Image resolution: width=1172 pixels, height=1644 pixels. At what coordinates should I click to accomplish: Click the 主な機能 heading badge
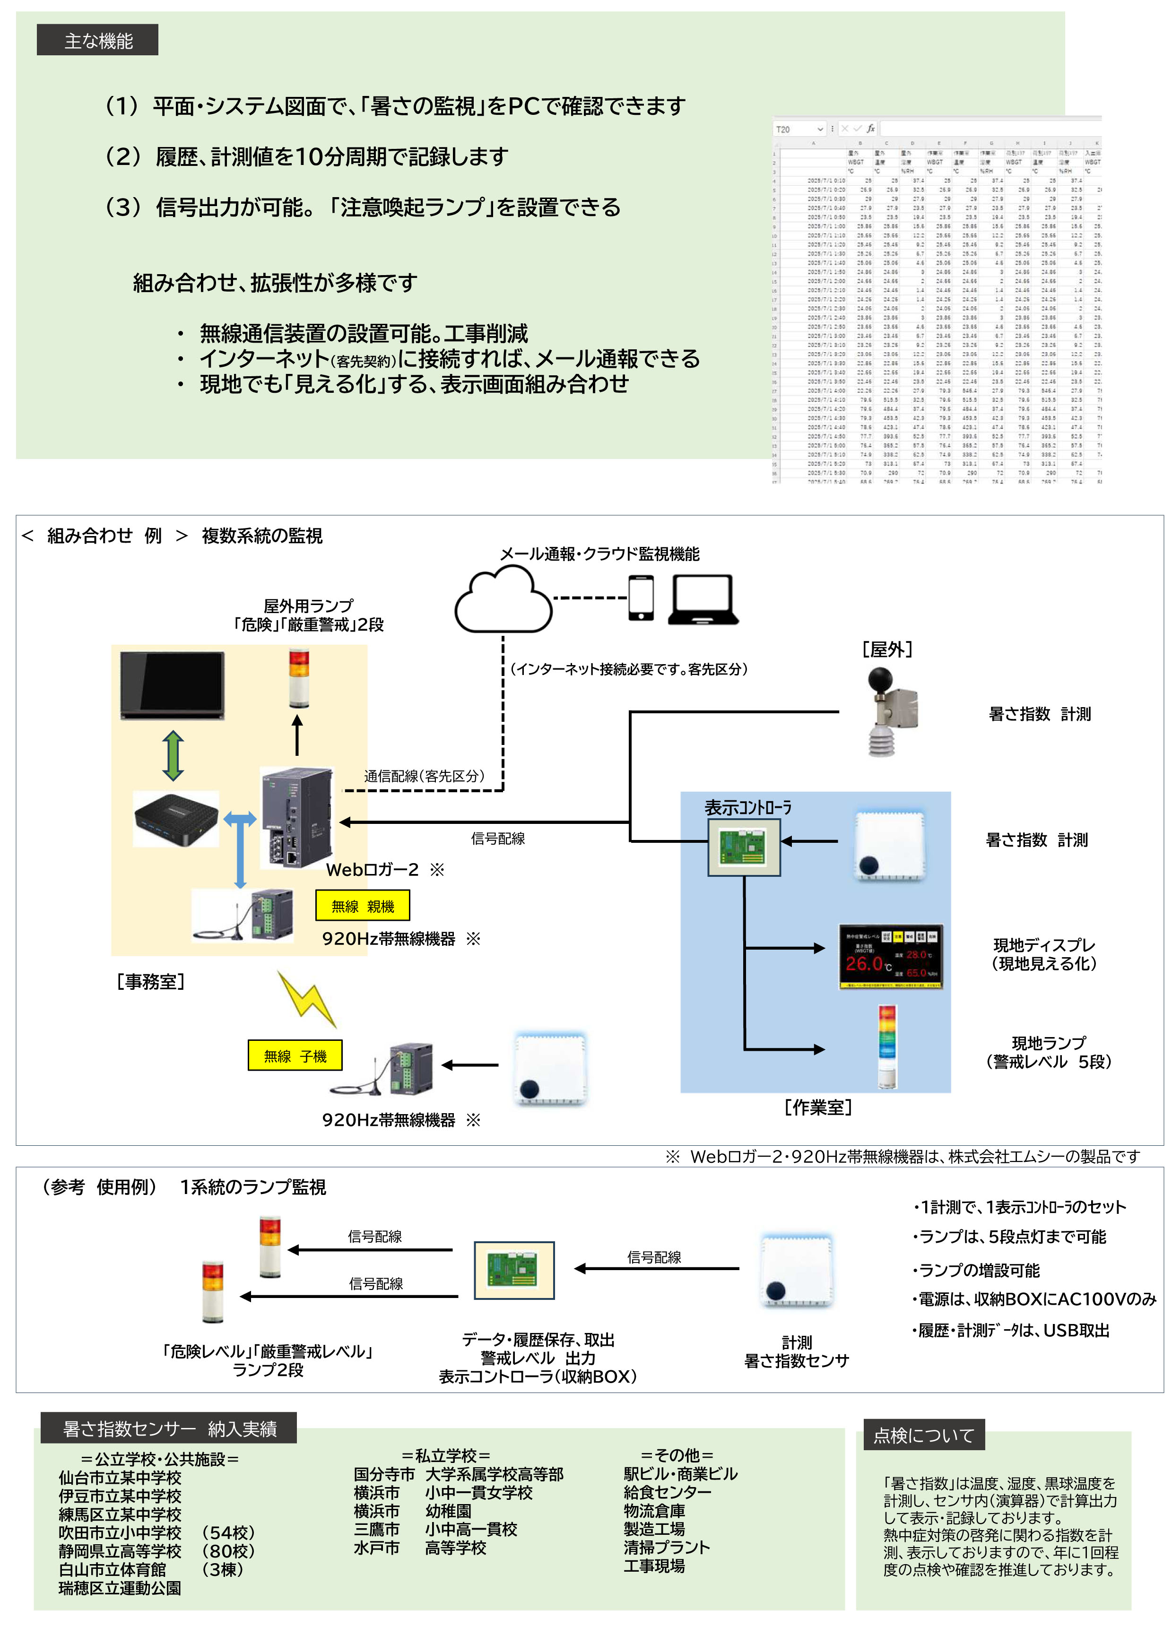(x=97, y=40)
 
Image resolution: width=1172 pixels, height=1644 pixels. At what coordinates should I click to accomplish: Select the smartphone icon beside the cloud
(x=641, y=597)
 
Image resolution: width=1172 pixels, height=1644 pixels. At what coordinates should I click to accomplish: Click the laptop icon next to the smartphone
(x=703, y=599)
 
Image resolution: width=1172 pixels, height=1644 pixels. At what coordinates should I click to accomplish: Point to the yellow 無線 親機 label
(x=362, y=906)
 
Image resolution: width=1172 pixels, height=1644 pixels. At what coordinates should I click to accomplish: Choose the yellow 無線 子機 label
(x=295, y=1056)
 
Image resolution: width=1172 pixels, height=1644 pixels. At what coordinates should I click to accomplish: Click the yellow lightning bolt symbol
(x=307, y=998)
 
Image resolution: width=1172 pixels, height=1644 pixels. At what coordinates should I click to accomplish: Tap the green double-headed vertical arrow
(x=173, y=756)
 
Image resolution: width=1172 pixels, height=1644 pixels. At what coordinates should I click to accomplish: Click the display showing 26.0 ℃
(x=891, y=957)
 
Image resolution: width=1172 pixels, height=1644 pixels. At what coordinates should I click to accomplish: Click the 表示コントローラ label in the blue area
(x=747, y=807)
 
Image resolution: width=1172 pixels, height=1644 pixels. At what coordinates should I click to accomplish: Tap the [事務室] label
(x=150, y=981)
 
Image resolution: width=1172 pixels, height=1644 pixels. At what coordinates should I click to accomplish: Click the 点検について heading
(x=924, y=1436)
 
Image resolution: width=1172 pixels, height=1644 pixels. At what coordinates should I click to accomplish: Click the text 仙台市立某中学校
(x=120, y=1478)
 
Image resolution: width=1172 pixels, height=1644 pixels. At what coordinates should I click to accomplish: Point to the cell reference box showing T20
(x=799, y=129)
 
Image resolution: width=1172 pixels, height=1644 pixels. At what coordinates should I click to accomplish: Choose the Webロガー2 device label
(x=372, y=869)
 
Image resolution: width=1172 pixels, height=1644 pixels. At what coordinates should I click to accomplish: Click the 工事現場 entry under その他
(x=654, y=1566)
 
